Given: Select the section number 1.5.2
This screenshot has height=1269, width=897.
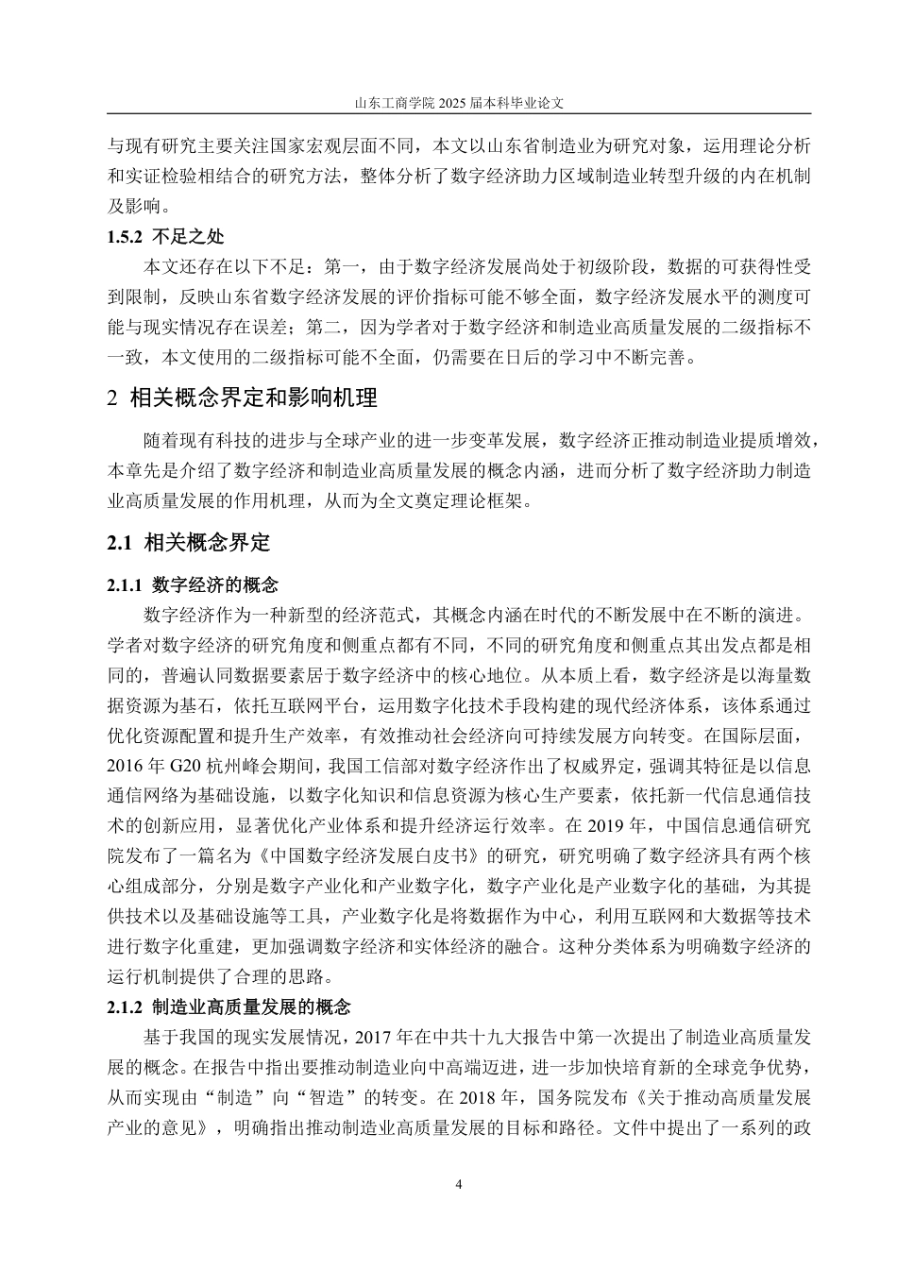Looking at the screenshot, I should coord(124,237).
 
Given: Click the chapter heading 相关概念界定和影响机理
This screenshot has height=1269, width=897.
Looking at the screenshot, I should coord(252,398).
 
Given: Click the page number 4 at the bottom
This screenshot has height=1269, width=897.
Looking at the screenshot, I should coord(458,1185).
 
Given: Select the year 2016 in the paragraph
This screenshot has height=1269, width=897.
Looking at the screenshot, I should coord(124,764).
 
